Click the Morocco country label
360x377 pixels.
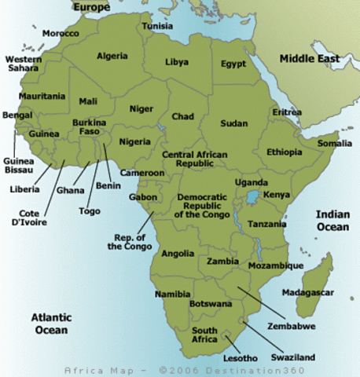click(61, 34)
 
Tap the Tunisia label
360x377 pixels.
click(157, 26)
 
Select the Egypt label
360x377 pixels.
click(233, 64)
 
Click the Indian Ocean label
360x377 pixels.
click(332, 221)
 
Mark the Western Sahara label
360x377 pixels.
click(24, 65)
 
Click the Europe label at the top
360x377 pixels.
click(91, 7)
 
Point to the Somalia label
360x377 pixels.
click(335, 144)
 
